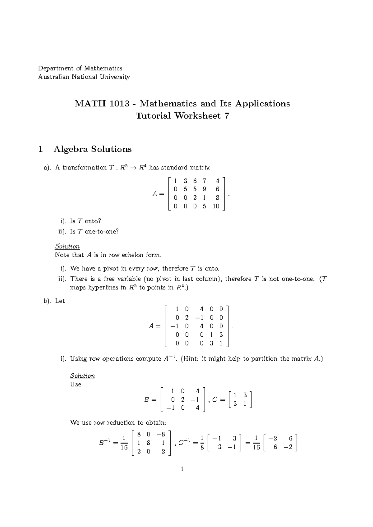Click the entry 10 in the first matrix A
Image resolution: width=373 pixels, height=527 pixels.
(x=216, y=206)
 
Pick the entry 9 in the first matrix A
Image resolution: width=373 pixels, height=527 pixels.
(x=204, y=189)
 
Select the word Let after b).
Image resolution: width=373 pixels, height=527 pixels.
(x=60, y=301)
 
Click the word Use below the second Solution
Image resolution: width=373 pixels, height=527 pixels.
(x=76, y=384)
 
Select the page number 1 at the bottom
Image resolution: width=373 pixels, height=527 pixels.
(x=182, y=469)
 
